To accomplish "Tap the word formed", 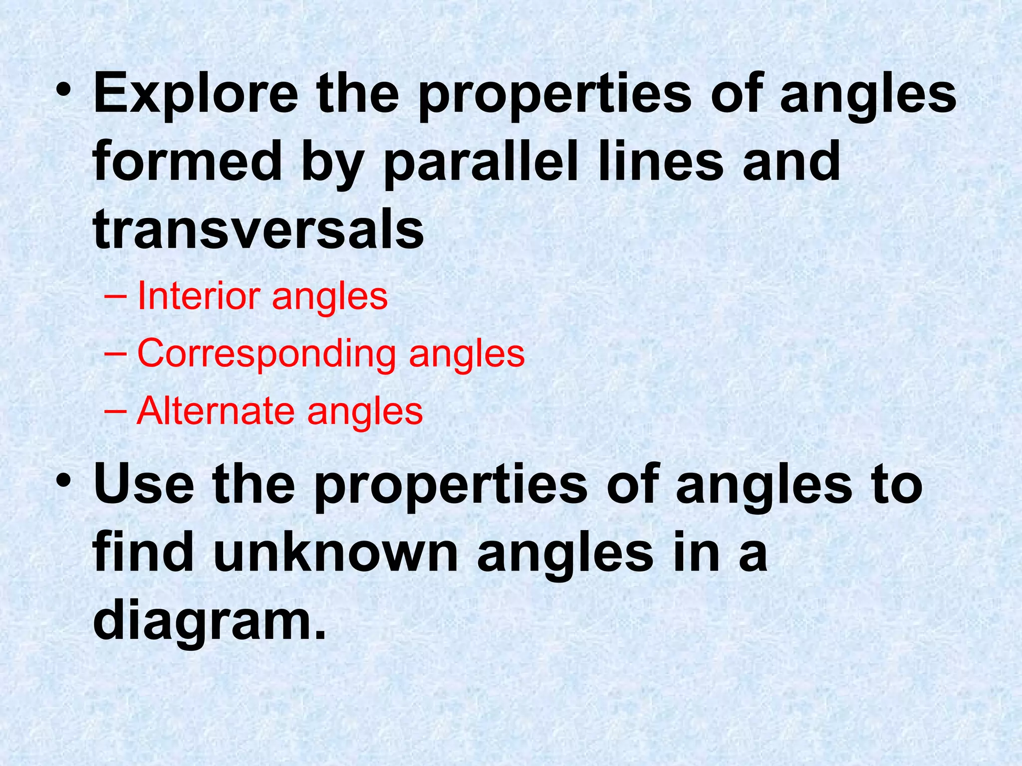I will (x=187, y=162).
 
